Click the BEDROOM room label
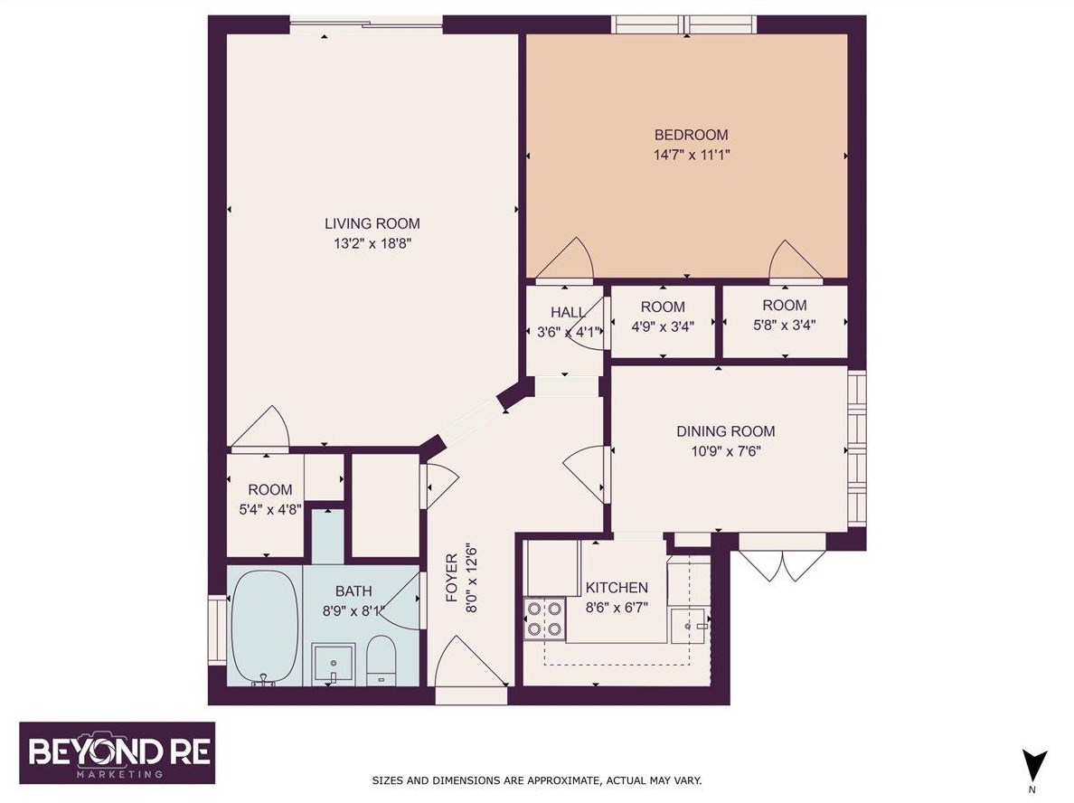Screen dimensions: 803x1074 pyautogui.click(x=691, y=136)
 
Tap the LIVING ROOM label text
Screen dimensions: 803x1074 pyautogui.click(x=372, y=223)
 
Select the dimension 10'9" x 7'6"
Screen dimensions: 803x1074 pyautogui.click(x=725, y=451)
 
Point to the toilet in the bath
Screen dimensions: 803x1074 pyautogui.click(x=381, y=659)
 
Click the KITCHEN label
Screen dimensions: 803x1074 pyautogui.click(x=617, y=587)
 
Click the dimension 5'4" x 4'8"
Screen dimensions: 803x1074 pyautogui.click(x=264, y=508)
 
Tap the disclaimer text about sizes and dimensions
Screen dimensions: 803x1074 pyautogui.click(x=537, y=779)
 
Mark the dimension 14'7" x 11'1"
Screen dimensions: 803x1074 pyautogui.click(x=691, y=155)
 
